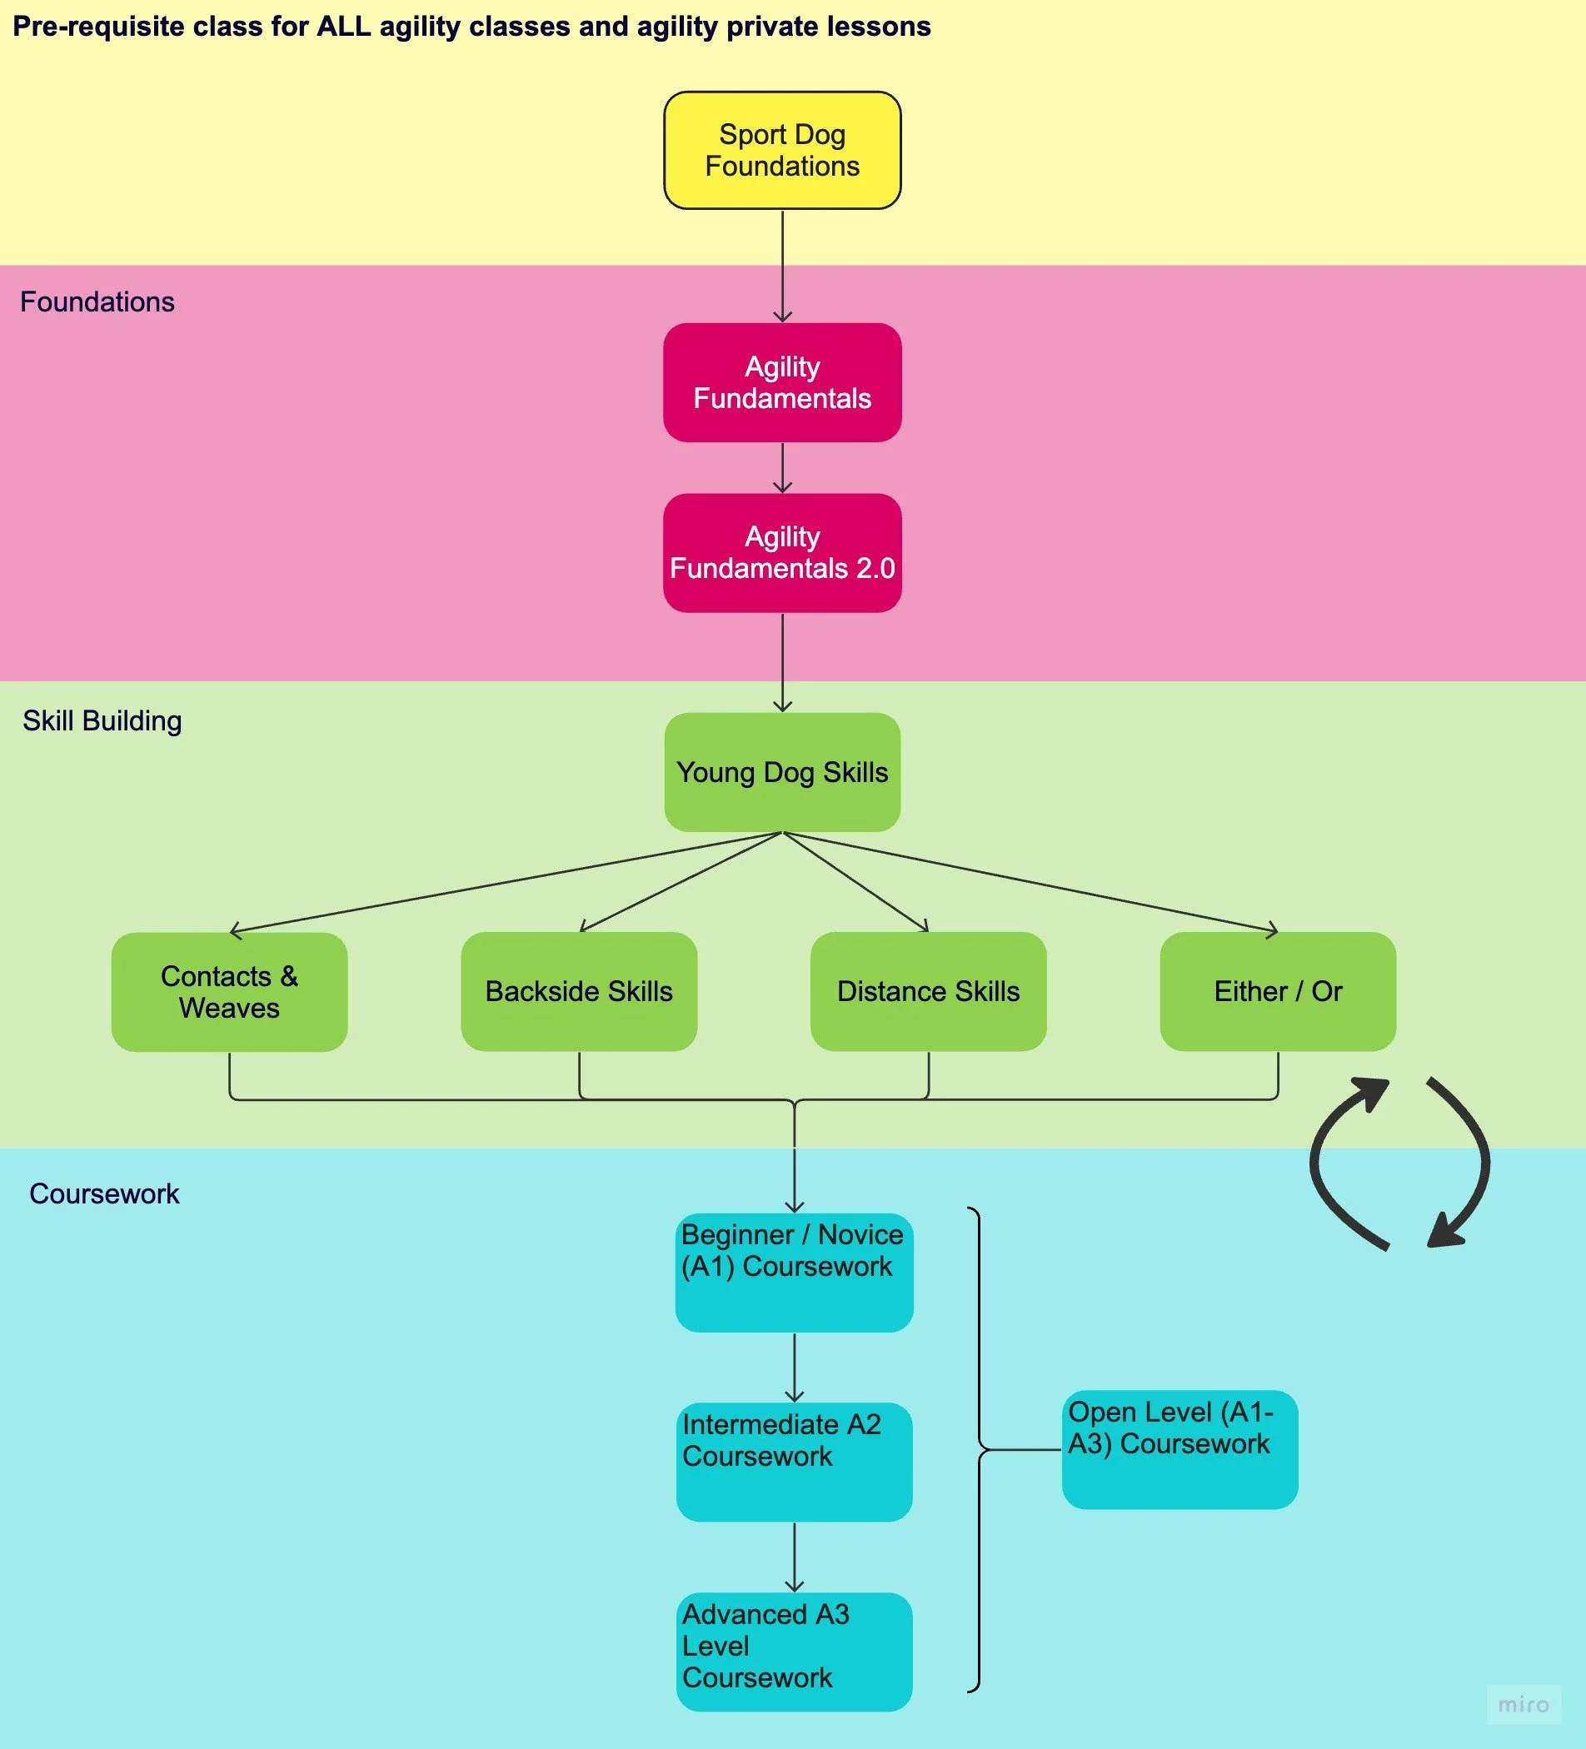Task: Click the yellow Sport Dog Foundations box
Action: (783, 150)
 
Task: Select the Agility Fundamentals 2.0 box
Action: (783, 553)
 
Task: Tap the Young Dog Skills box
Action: (783, 772)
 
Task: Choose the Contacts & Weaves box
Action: (230, 992)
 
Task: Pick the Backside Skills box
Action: (579, 992)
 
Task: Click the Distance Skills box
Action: (928, 992)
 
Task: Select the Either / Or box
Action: (1278, 992)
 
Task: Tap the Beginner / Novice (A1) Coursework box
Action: (795, 1273)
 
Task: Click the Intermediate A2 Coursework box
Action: (795, 1462)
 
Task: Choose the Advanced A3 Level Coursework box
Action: (795, 1652)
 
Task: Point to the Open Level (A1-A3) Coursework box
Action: (1180, 1450)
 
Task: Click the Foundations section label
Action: (97, 301)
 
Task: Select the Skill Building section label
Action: (102, 721)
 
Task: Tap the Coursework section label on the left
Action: (104, 1193)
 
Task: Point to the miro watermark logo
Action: (1524, 1705)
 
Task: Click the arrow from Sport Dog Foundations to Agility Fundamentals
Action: (783, 267)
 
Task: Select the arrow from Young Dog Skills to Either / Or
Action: (1030, 882)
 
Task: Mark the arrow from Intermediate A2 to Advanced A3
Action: (795, 1557)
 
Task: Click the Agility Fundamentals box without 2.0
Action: (783, 382)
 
